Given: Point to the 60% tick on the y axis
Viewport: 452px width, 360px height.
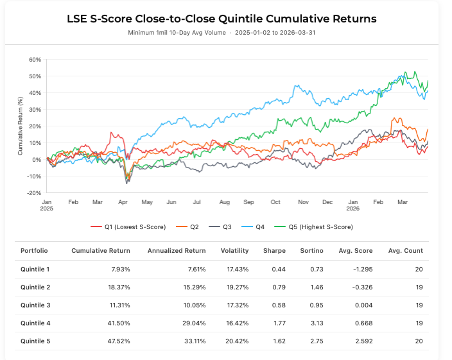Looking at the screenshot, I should [34, 60].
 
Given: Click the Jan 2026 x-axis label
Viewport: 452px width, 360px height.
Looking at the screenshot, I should [353, 205].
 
